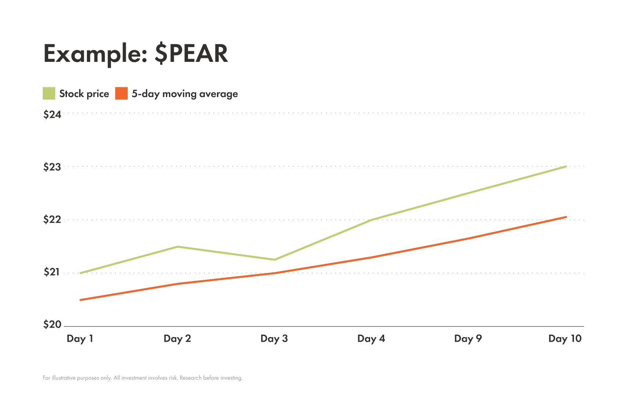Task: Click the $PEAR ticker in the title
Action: pos(191,54)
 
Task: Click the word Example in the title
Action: pos(92,54)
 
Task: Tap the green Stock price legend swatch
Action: pos(49,94)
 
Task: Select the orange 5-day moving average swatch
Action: pos(121,94)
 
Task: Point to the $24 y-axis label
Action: pos(52,115)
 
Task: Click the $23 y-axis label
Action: pos(52,167)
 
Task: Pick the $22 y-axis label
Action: pos(52,220)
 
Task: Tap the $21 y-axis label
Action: pos(52,272)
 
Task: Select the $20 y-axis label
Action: pos(52,324)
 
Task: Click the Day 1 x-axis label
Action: pos(80,339)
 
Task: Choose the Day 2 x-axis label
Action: pos(177,339)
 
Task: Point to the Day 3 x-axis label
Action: pos(274,339)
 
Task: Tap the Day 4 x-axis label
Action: pos(371,339)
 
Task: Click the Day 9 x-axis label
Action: pos(468,339)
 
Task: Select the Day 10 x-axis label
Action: pos(565,339)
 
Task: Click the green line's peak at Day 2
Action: pos(177,247)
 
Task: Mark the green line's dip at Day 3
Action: pos(275,260)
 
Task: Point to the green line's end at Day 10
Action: pos(566,166)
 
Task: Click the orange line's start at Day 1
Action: pos(81,300)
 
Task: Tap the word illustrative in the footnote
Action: pos(64,378)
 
